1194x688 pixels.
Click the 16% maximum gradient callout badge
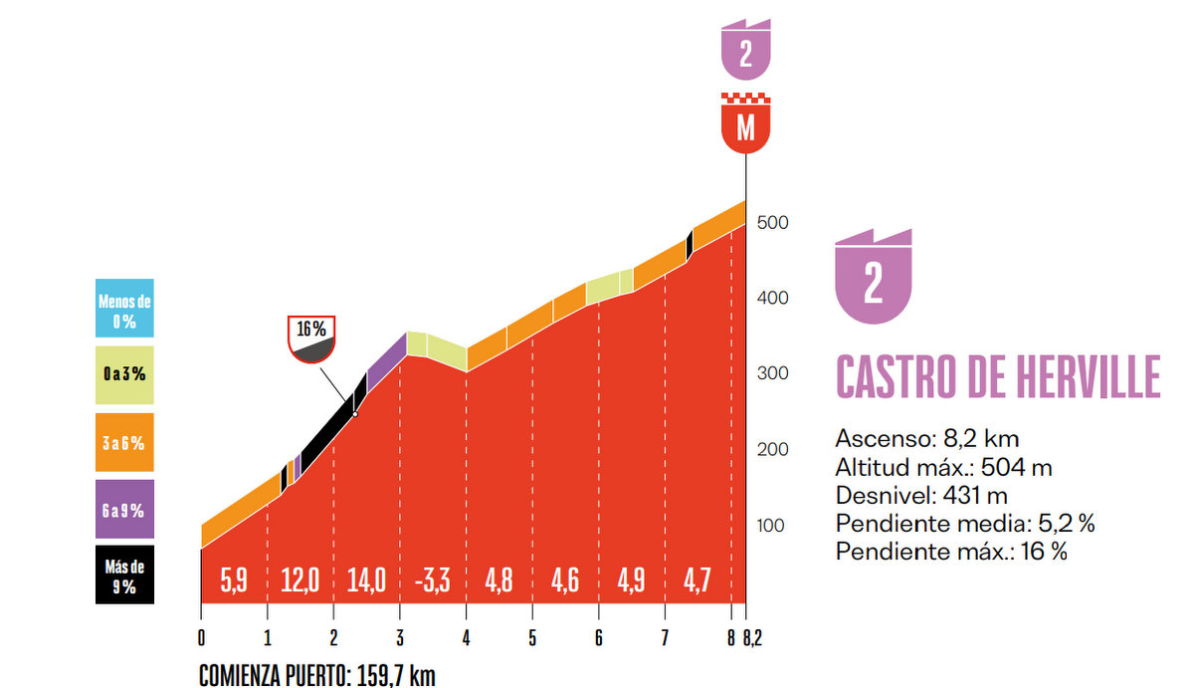(x=312, y=338)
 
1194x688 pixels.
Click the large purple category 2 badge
(x=874, y=277)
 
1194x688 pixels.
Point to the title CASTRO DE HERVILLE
(x=998, y=377)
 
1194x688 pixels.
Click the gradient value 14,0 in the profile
(x=366, y=580)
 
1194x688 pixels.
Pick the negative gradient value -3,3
(x=432, y=580)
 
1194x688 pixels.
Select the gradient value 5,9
(x=234, y=580)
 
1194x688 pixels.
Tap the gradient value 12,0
(x=299, y=580)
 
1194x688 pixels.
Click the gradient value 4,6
(x=564, y=580)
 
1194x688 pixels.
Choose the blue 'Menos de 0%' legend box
(x=124, y=308)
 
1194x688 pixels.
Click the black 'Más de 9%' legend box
(x=124, y=574)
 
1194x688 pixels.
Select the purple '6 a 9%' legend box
(x=124, y=510)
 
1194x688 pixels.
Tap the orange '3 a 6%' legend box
(x=124, y=442)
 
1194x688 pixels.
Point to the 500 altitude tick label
(x=772, y=222)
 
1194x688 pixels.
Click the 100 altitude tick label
(x=772, y=526)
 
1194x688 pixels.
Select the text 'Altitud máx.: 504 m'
(x=944, y=466)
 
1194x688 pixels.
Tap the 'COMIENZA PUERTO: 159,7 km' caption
(x=317, y=674)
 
